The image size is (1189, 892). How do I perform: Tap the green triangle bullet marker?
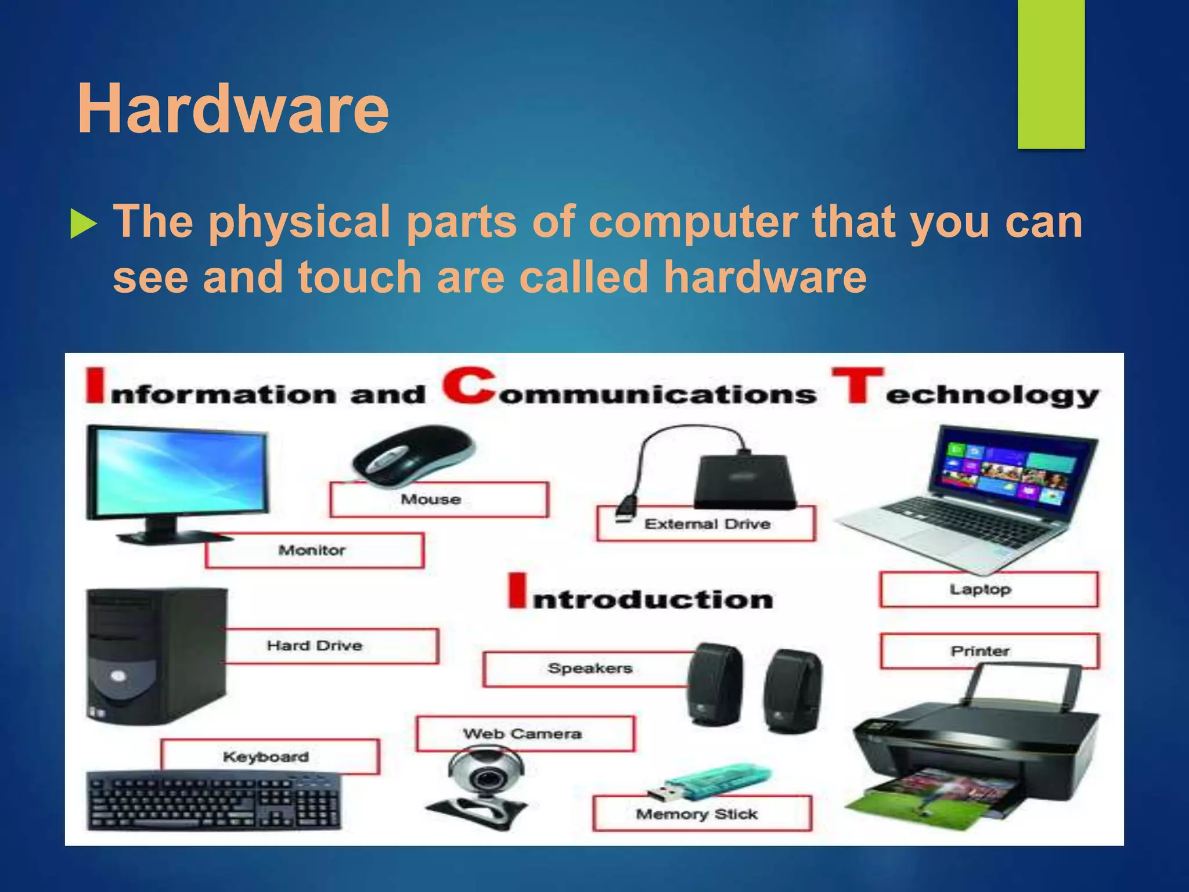point(83,224)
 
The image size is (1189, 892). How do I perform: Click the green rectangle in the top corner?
point(1051,74)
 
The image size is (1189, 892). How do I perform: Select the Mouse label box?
point(438,499)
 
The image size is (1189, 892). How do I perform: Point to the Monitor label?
point(314,550)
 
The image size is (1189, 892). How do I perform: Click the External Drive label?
point(707,524)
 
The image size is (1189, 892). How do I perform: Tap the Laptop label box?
point(988,589)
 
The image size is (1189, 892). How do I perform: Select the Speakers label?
point(589,668)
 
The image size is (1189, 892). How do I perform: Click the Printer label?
point(988,651)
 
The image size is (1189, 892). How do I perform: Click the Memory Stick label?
point(701,814)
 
